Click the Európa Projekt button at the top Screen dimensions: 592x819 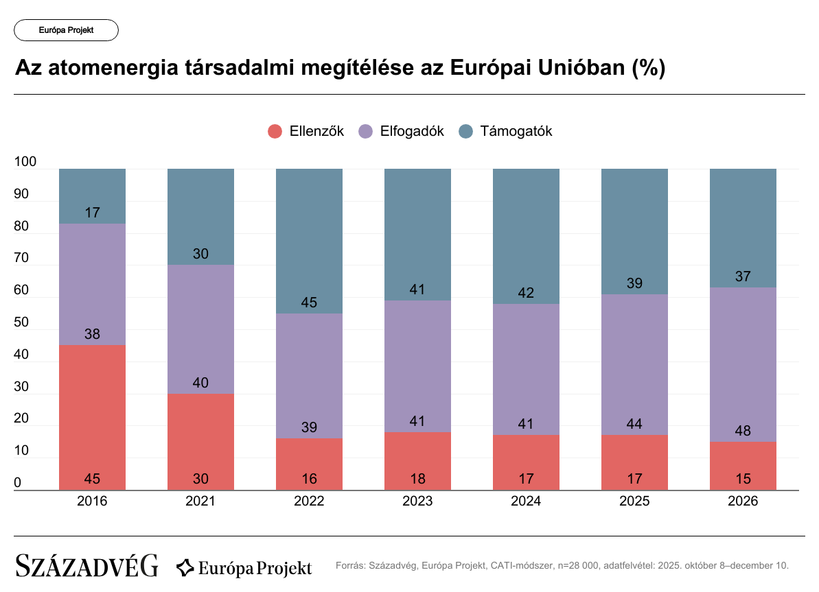tap(66, 30)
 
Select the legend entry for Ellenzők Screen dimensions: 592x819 tap(305, 131)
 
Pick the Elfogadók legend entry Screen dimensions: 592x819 tap(402, 131)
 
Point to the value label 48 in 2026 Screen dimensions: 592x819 tap(743, 431)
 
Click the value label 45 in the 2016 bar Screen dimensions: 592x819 tap(92, 479)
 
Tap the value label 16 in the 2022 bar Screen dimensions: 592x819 tap(309, 479)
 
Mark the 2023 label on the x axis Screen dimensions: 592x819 tap(417, 501)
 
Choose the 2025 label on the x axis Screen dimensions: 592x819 tap(634, 501)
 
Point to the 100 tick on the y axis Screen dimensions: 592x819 tap(25, 162)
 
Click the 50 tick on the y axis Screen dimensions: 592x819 tap(22, 322)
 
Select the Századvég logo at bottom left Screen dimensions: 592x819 tap(86, 566)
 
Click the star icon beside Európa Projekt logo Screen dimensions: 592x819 tap(185, 567)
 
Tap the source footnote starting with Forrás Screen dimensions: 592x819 tap(562, 566)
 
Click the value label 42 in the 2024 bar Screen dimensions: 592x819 tap(526, 293)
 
